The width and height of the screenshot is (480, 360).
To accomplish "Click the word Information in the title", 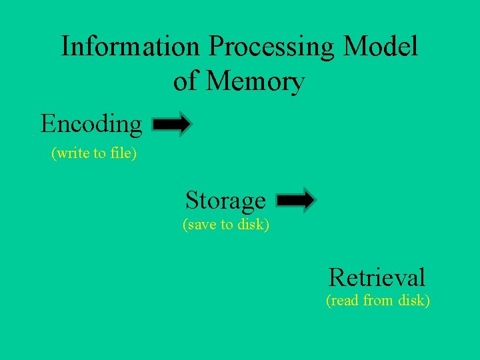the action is [130, 47].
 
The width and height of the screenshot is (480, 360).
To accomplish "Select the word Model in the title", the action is [381, 47].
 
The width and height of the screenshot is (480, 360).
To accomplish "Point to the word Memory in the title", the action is [255, 81].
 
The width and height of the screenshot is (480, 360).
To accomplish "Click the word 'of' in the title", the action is [186, 81].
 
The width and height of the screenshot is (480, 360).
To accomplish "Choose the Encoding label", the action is [91, 125].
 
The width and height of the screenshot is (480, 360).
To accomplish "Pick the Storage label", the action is [225, 200].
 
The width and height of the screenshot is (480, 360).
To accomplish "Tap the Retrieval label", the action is [377, 277].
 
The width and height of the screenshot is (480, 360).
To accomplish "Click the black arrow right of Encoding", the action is [173, 125].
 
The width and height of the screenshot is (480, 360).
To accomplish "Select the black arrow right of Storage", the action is [296, 200].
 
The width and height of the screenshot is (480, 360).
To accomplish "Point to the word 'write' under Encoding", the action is [71, 154].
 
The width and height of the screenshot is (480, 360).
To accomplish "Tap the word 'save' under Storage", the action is [199, 225].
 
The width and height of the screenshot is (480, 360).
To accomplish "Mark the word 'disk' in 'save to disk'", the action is [254, 225].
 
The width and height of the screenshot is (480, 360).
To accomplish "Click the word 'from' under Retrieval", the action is [378, 301].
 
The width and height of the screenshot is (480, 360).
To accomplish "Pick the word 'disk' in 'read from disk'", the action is [414, 301].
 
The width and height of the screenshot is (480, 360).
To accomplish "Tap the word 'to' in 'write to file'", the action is [99, 154].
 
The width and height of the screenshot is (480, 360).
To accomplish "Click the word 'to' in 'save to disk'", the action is [227, 225].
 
